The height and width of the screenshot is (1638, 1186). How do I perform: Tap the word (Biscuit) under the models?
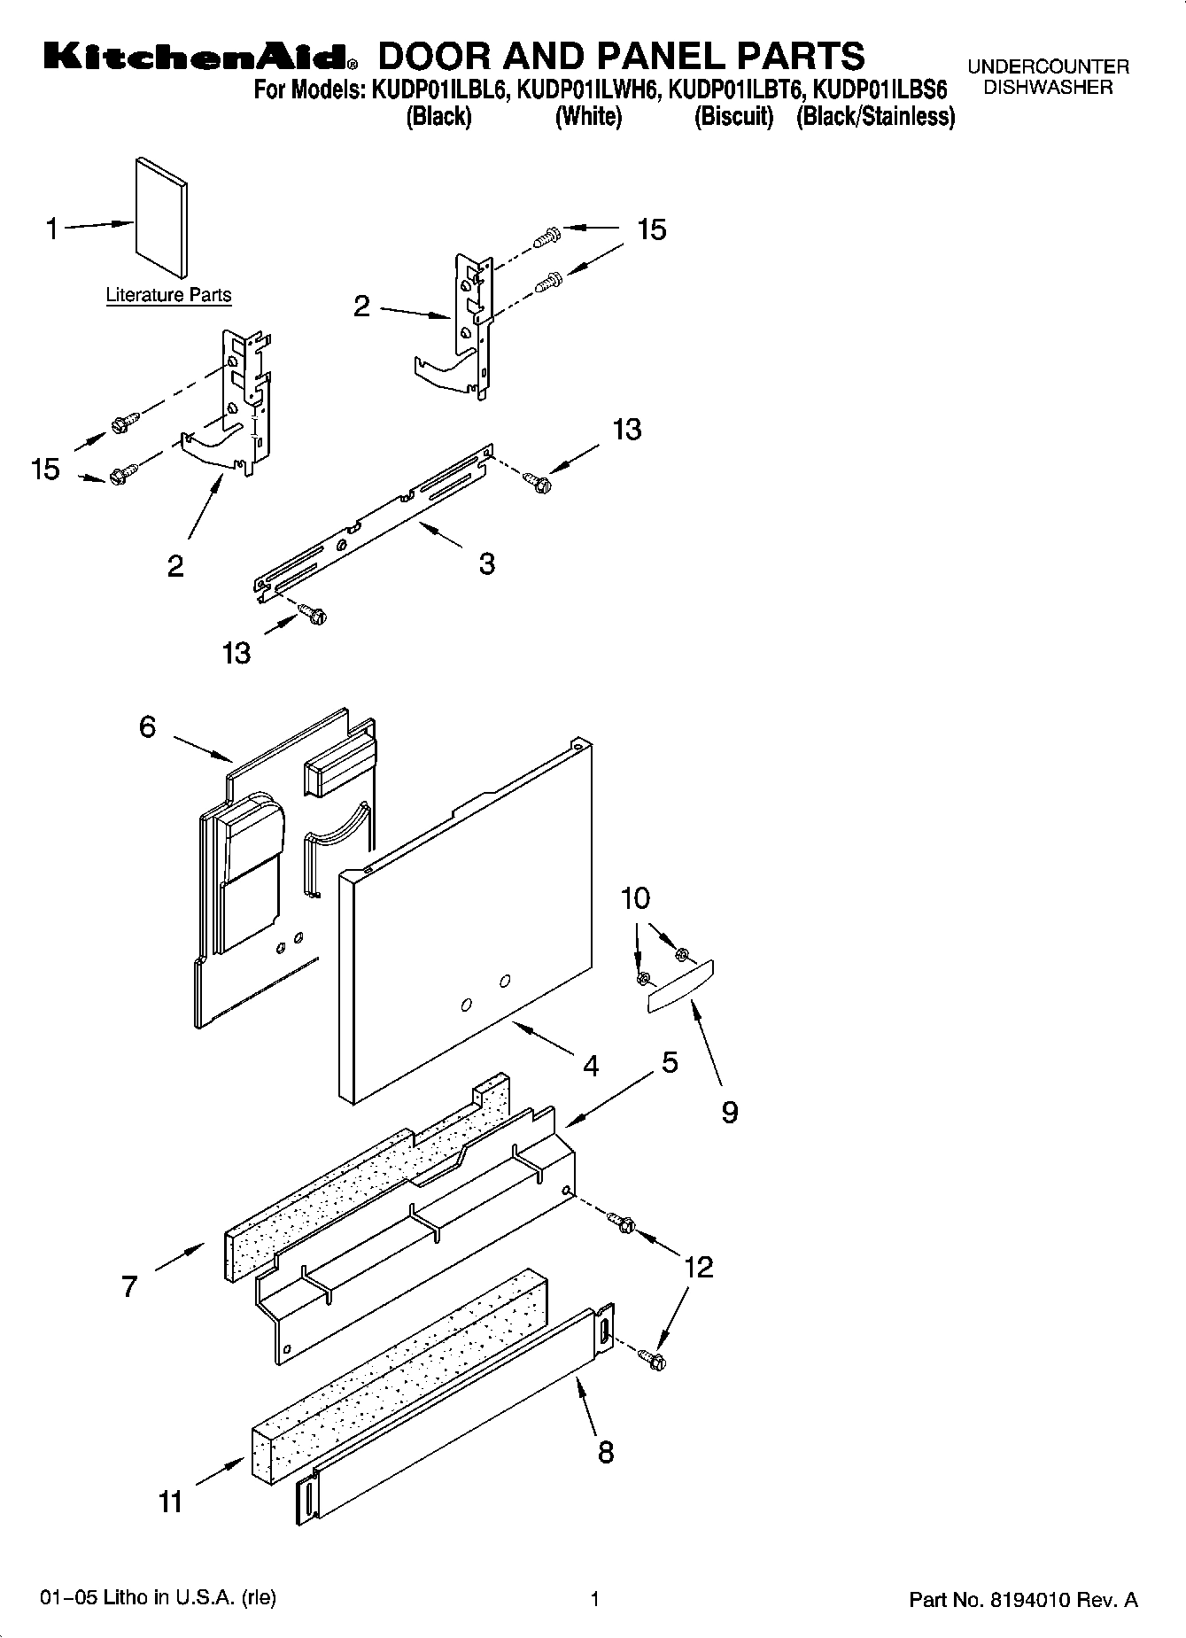[x=733, y=117]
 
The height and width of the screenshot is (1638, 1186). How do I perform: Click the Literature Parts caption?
[x=168, y=295]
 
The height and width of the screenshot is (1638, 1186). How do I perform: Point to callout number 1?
[x=52, y=229]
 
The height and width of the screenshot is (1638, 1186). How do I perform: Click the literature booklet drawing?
[x=161, y=218]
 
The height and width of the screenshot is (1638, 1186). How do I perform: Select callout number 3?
[x=486, y=563]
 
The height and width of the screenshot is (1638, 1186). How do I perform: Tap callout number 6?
[x=147, y=726]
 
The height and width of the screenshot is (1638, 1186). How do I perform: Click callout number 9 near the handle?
[x=729, y=1112]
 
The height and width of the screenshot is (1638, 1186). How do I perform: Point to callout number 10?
[x=635, y=898]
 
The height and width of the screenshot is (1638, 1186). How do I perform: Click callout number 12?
[x=698, y=1267]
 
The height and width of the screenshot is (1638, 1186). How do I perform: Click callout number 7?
[x=130, y=1286]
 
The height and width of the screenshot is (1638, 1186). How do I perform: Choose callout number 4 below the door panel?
[x=591, y=1065]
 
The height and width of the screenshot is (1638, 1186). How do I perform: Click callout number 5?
[x=670, y=1061]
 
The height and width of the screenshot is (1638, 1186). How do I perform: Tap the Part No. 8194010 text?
[x=1023, y=1600]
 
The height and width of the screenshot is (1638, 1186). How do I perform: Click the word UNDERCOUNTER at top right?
[x=1048, y=66]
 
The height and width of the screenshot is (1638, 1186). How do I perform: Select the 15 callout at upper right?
[x=651, y=229]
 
